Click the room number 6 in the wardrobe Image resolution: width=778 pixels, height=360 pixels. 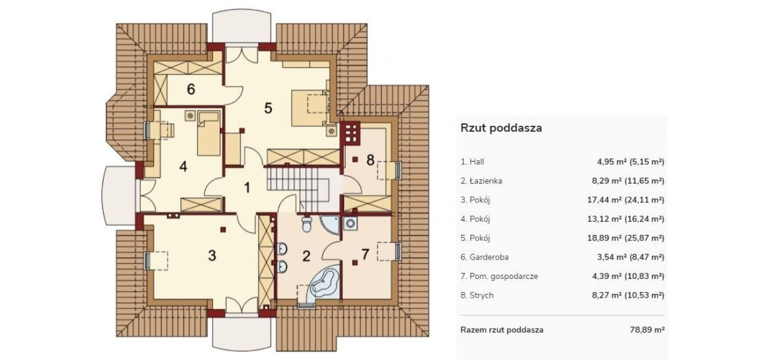pos(191,89)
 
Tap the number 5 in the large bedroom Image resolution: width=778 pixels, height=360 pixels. pos(268,108)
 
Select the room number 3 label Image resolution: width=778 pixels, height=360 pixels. pos(211,255)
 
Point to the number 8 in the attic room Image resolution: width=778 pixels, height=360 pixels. pos(370,160)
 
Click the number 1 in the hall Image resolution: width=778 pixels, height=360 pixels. pos(247,188)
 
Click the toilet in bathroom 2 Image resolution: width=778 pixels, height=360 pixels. pos(307,225)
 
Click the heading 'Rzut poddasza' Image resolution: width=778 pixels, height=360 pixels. pos(501,128)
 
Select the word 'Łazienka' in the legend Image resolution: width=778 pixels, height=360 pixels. pos(485,181)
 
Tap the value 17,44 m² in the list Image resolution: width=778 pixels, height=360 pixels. pos(615,200)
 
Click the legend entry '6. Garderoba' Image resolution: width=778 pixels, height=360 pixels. pos(484,257)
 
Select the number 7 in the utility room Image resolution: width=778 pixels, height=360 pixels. pos(365,254)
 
